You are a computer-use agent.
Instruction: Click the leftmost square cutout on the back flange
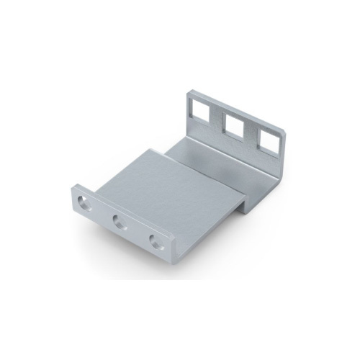tap(201, 110)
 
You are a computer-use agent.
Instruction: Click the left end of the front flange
tap(73, 194)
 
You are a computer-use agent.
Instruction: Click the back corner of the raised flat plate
tap(152, 150)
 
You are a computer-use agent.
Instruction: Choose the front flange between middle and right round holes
tap(137, 232)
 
